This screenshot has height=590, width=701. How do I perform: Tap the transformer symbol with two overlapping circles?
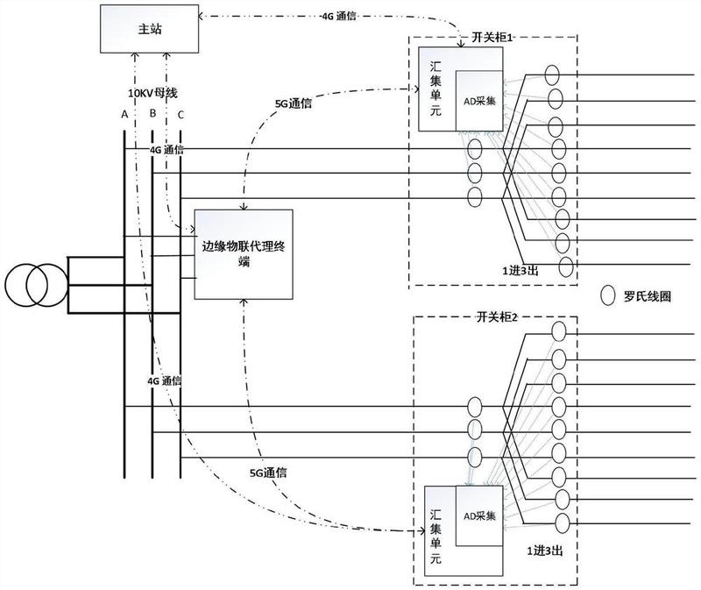point(32,284)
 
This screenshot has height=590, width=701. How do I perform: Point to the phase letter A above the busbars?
point(124,114)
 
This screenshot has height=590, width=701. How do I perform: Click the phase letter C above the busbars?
point(181,114)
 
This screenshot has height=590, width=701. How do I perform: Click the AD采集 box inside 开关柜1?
point(479,101)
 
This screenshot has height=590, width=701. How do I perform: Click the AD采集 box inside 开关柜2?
point(479,515)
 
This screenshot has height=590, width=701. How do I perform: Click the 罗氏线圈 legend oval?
point(605,295)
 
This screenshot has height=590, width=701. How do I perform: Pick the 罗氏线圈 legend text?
point(648,296)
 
